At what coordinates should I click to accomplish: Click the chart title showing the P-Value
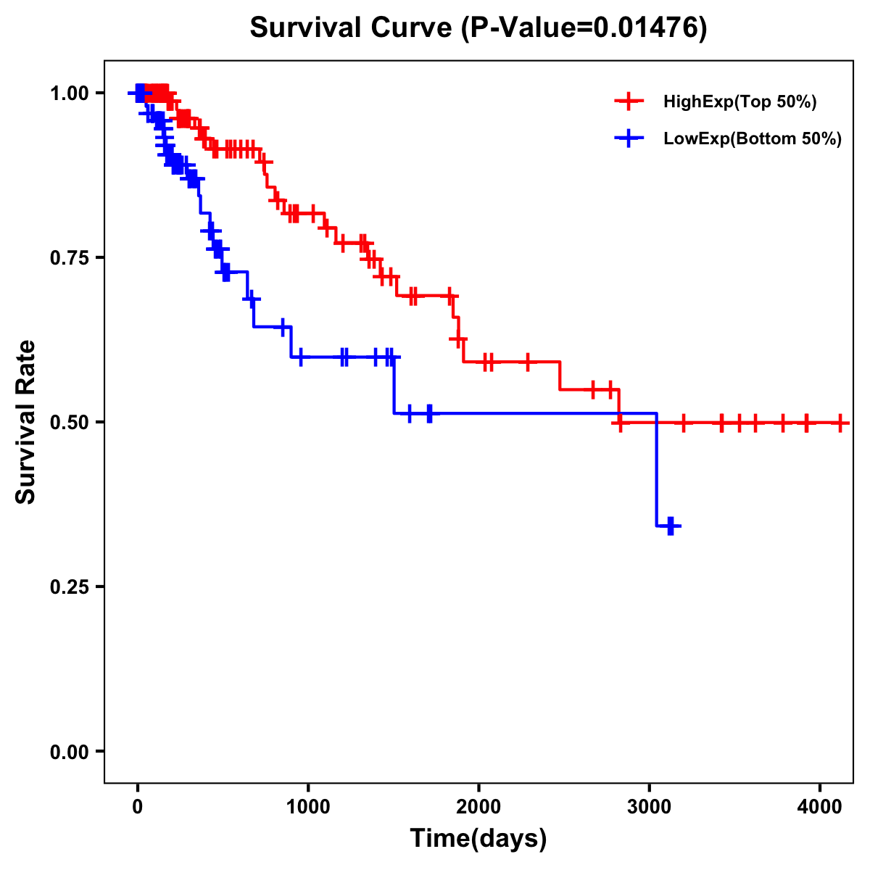click(x=478, y=28)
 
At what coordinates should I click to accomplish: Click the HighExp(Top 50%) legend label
click(x=740, y=102)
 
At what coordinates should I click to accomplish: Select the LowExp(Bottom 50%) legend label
click(x=753, y=139)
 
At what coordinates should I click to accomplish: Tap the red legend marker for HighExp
click(x=629, y=101)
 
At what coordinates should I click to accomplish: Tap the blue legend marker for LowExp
click(x=629, y=138)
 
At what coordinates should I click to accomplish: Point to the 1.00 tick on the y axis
click(x=69, y=94)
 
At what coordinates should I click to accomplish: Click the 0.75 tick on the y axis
click(x=69, y=258)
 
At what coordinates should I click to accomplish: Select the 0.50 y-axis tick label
click(x=69, y=423)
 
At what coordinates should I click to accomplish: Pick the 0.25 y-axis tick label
click(x=69, y=587)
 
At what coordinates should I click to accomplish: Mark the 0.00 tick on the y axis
click(x=69, y=752)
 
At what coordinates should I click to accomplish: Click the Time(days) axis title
click(x=478, y=839)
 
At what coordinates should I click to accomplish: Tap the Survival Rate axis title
click(x=26, y=421)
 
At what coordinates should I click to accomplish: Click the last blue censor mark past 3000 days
click(x=671, y=526)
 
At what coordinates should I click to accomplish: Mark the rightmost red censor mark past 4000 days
click(x=840, y=422)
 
